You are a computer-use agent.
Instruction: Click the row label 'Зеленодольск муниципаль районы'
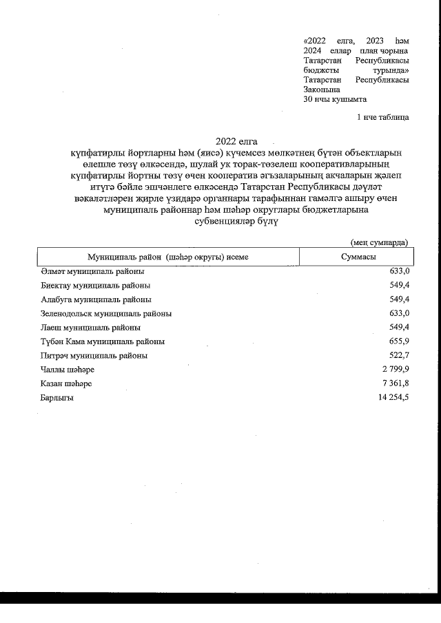coord(106,313)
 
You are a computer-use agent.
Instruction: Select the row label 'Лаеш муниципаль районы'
coord(90,328)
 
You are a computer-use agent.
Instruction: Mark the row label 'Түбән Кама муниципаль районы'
coord(103,341)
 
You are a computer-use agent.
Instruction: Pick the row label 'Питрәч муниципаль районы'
coord(94,356)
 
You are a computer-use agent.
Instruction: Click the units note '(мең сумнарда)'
coord(379,242)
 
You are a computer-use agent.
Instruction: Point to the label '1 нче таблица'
coord(382,117)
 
